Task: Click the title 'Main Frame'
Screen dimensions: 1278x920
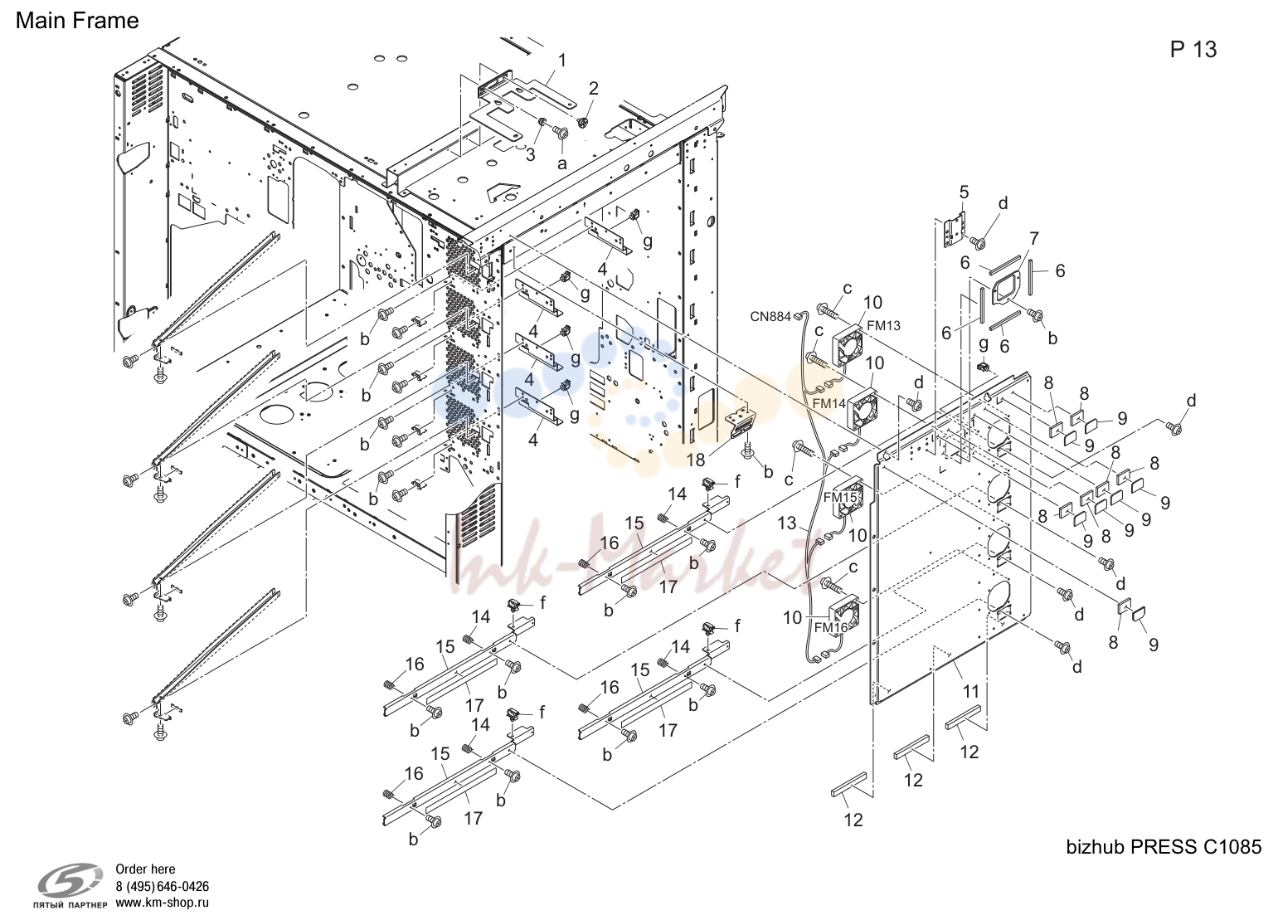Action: click(x=77, y=21)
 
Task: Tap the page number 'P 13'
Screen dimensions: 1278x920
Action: click(x=1193, y=50)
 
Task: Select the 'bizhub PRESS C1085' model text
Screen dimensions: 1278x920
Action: click(x=1164, y=847)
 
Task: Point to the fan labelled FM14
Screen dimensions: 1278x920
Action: click(x=863, y=409)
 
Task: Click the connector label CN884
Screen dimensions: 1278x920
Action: click(x=770, y=316)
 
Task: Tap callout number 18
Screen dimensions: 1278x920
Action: click(x=696, y=460)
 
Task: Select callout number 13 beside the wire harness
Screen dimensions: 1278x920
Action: click(x=787, y=523)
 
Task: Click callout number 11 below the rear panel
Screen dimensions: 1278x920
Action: click(x=970, y=692)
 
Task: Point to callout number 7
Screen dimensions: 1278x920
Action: click(x=1034, y=238)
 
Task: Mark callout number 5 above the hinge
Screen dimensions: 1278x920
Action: click(x=964, y=192)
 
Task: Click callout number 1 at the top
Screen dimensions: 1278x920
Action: click(x=562, y=61)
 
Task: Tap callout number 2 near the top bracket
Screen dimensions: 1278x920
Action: click(x=594, y=89)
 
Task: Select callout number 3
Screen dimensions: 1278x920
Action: click(x=531, y=154)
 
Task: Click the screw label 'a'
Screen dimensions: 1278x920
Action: click(x=562, y=164)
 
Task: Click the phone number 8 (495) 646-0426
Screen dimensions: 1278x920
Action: click(x=162, y=887)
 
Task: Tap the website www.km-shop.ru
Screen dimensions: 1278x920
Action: click(x=162, y=903)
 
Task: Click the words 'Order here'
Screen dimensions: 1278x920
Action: click(x=145, y=869)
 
